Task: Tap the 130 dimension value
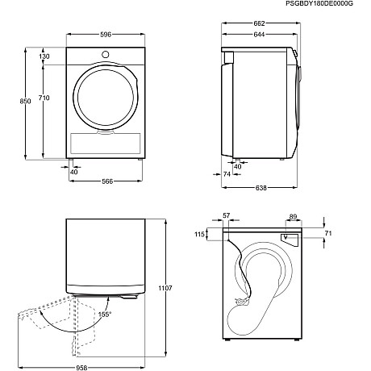point(44,56)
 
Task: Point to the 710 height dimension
point(44,98)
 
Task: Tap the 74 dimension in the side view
point(227,174)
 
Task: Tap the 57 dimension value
point(226,216)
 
